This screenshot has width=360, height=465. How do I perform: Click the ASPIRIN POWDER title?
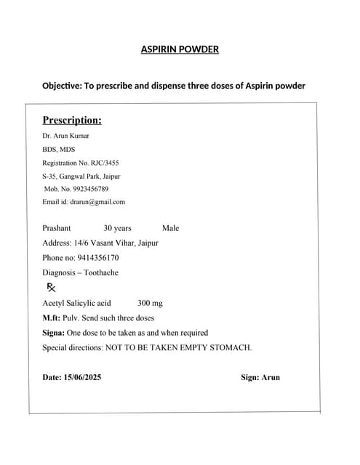pyautogui.click(x=180, y=49)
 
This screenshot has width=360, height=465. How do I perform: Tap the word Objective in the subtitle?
pyautogui.click(x=63, y=86)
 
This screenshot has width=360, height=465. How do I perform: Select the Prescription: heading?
pyautogui.click(x=71, y=120)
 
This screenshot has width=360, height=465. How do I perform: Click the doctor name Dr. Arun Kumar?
pyautogui.click(x=65, y=136)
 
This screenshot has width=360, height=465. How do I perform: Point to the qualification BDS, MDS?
pyautogui.click(x=58, y=149)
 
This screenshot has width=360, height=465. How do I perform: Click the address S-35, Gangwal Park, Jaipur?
pyautogui.click(x=81, y=176)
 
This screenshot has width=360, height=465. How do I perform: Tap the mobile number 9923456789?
pyautogui.click(x=90, y=189)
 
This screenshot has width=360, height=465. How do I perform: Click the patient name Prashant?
pyautogui.click(x=57, y=228)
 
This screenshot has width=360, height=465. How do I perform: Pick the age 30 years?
pyautogui.click(x=117, y=228)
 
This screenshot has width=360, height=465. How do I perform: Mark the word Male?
pyautogui.click(x=170, y=228)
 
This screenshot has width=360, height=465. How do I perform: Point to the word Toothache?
pyautogui.click(x=100, y=273)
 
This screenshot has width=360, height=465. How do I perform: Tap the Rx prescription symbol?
pyautogui.click(x=51, y=288)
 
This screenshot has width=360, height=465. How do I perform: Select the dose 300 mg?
pyautogui.click(x=150, y=303)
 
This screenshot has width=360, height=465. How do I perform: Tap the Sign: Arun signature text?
pyautogui.click(x=260, y=377)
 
